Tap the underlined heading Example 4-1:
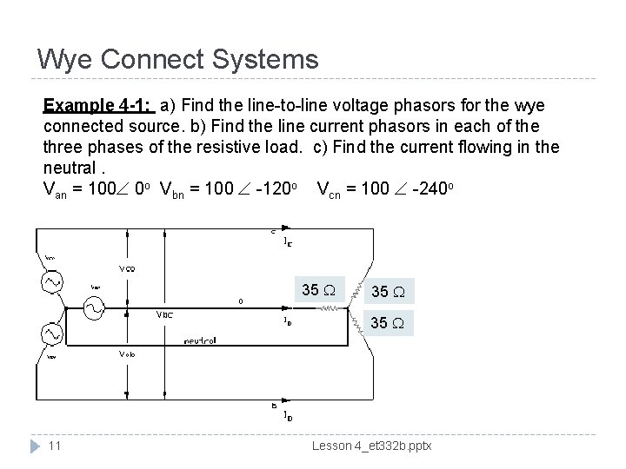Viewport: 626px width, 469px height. [98, 106]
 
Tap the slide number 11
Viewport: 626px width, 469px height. [53, 445]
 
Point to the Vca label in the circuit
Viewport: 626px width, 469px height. [127, 268]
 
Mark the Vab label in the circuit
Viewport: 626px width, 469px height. [128, 354]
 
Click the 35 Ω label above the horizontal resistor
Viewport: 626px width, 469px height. [320, 289]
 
